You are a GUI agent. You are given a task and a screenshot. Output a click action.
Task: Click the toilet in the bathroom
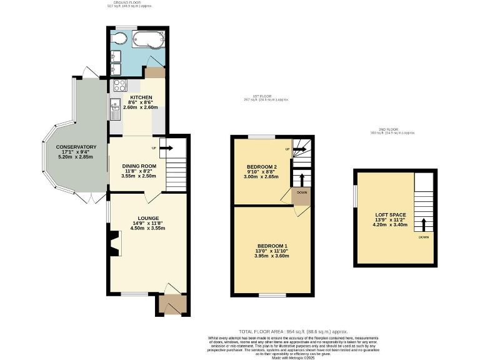[119, 39]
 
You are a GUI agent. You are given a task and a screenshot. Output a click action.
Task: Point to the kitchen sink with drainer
[115, 109]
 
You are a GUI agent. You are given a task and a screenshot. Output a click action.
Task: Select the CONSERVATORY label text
[76, 147]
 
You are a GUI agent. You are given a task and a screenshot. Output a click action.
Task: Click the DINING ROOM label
[139, 166]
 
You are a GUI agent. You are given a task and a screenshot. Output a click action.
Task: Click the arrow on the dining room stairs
[167, 149]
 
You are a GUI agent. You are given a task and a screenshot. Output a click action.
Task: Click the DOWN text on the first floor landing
[302, 193]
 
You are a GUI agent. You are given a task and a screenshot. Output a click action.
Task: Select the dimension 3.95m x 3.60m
[272, 256]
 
